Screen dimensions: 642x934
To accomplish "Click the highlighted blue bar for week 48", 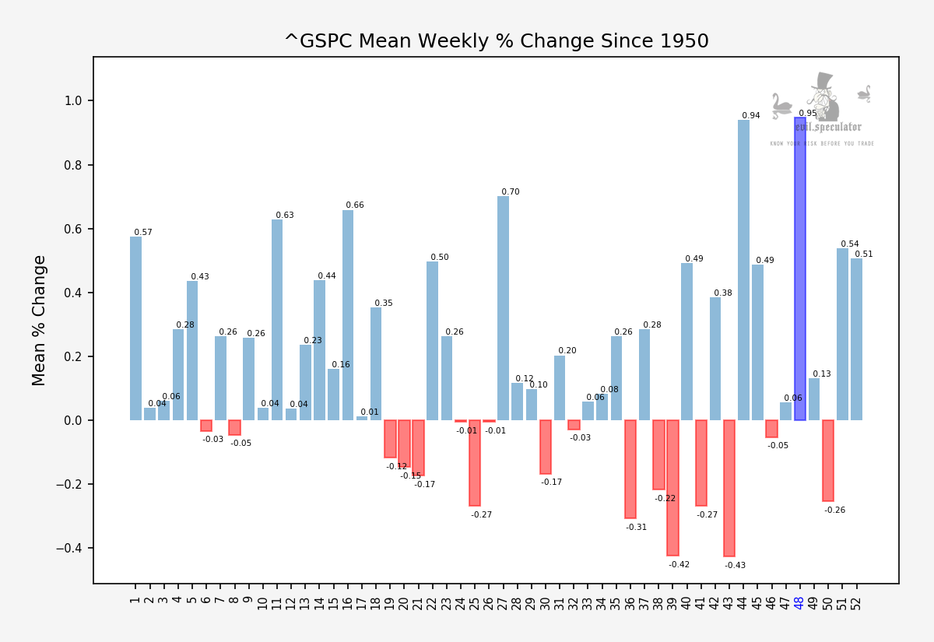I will point(799,268).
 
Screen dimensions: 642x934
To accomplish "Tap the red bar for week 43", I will point(729,488).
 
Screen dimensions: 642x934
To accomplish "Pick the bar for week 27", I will point(503,308).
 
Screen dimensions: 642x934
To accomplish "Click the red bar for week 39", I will point(672,487).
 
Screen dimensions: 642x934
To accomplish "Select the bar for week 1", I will point(135,328).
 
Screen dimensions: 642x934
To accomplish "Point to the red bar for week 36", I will point(630,469).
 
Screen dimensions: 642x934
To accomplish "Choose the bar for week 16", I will point(348,315).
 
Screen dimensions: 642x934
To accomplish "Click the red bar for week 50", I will point(828,461).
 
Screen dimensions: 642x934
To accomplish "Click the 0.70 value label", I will point(510,192).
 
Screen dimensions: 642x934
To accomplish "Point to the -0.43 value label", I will point(735,566).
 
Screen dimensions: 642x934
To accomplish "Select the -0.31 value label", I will point(636,528).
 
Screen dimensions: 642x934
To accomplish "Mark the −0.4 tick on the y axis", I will point(69,549).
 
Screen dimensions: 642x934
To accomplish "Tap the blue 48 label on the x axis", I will point(799,602).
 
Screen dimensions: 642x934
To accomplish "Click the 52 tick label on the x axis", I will point(856,602).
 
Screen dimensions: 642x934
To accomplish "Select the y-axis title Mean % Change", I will point(40,320).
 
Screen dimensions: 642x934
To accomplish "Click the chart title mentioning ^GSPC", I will point(496,41).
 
